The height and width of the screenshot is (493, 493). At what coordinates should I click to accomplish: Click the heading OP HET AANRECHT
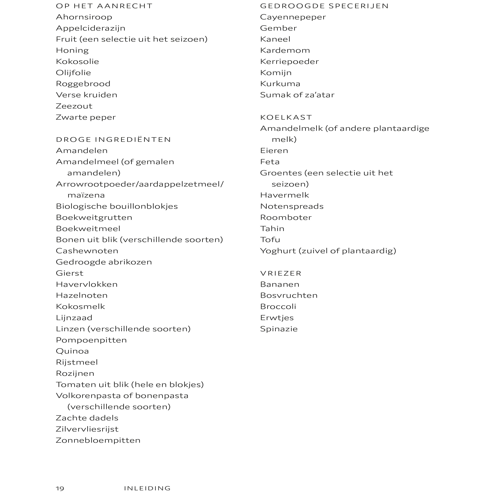[x=104, y=6]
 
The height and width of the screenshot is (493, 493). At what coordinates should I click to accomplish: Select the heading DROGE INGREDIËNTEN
[x=113, y=140]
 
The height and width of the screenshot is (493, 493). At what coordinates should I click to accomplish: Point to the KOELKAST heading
[x=286, y=117]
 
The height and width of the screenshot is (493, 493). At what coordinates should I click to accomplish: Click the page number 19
[x=60, y=488]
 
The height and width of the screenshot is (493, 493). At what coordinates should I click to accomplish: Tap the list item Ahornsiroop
[x=84, y=17]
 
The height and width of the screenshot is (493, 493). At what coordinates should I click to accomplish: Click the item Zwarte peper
[x=86, y=117]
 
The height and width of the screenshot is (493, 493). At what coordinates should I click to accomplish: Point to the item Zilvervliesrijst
[x=87, y=429]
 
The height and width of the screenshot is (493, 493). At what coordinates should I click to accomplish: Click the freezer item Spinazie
[x=279, y=329]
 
